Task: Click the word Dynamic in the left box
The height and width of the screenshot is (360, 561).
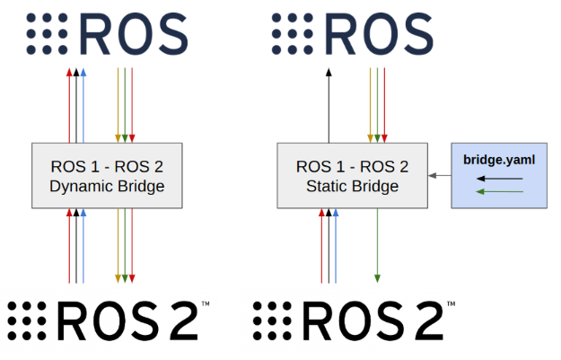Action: (x=78, y=187)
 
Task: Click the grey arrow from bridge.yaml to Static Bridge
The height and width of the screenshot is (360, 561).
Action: (x=439, y=176)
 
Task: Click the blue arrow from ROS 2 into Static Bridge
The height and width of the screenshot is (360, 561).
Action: (x=336, y=247)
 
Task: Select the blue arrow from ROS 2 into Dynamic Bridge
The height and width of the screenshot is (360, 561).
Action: (x=83, y=247)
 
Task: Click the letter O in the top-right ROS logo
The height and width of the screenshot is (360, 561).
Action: (x=374, y=35)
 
